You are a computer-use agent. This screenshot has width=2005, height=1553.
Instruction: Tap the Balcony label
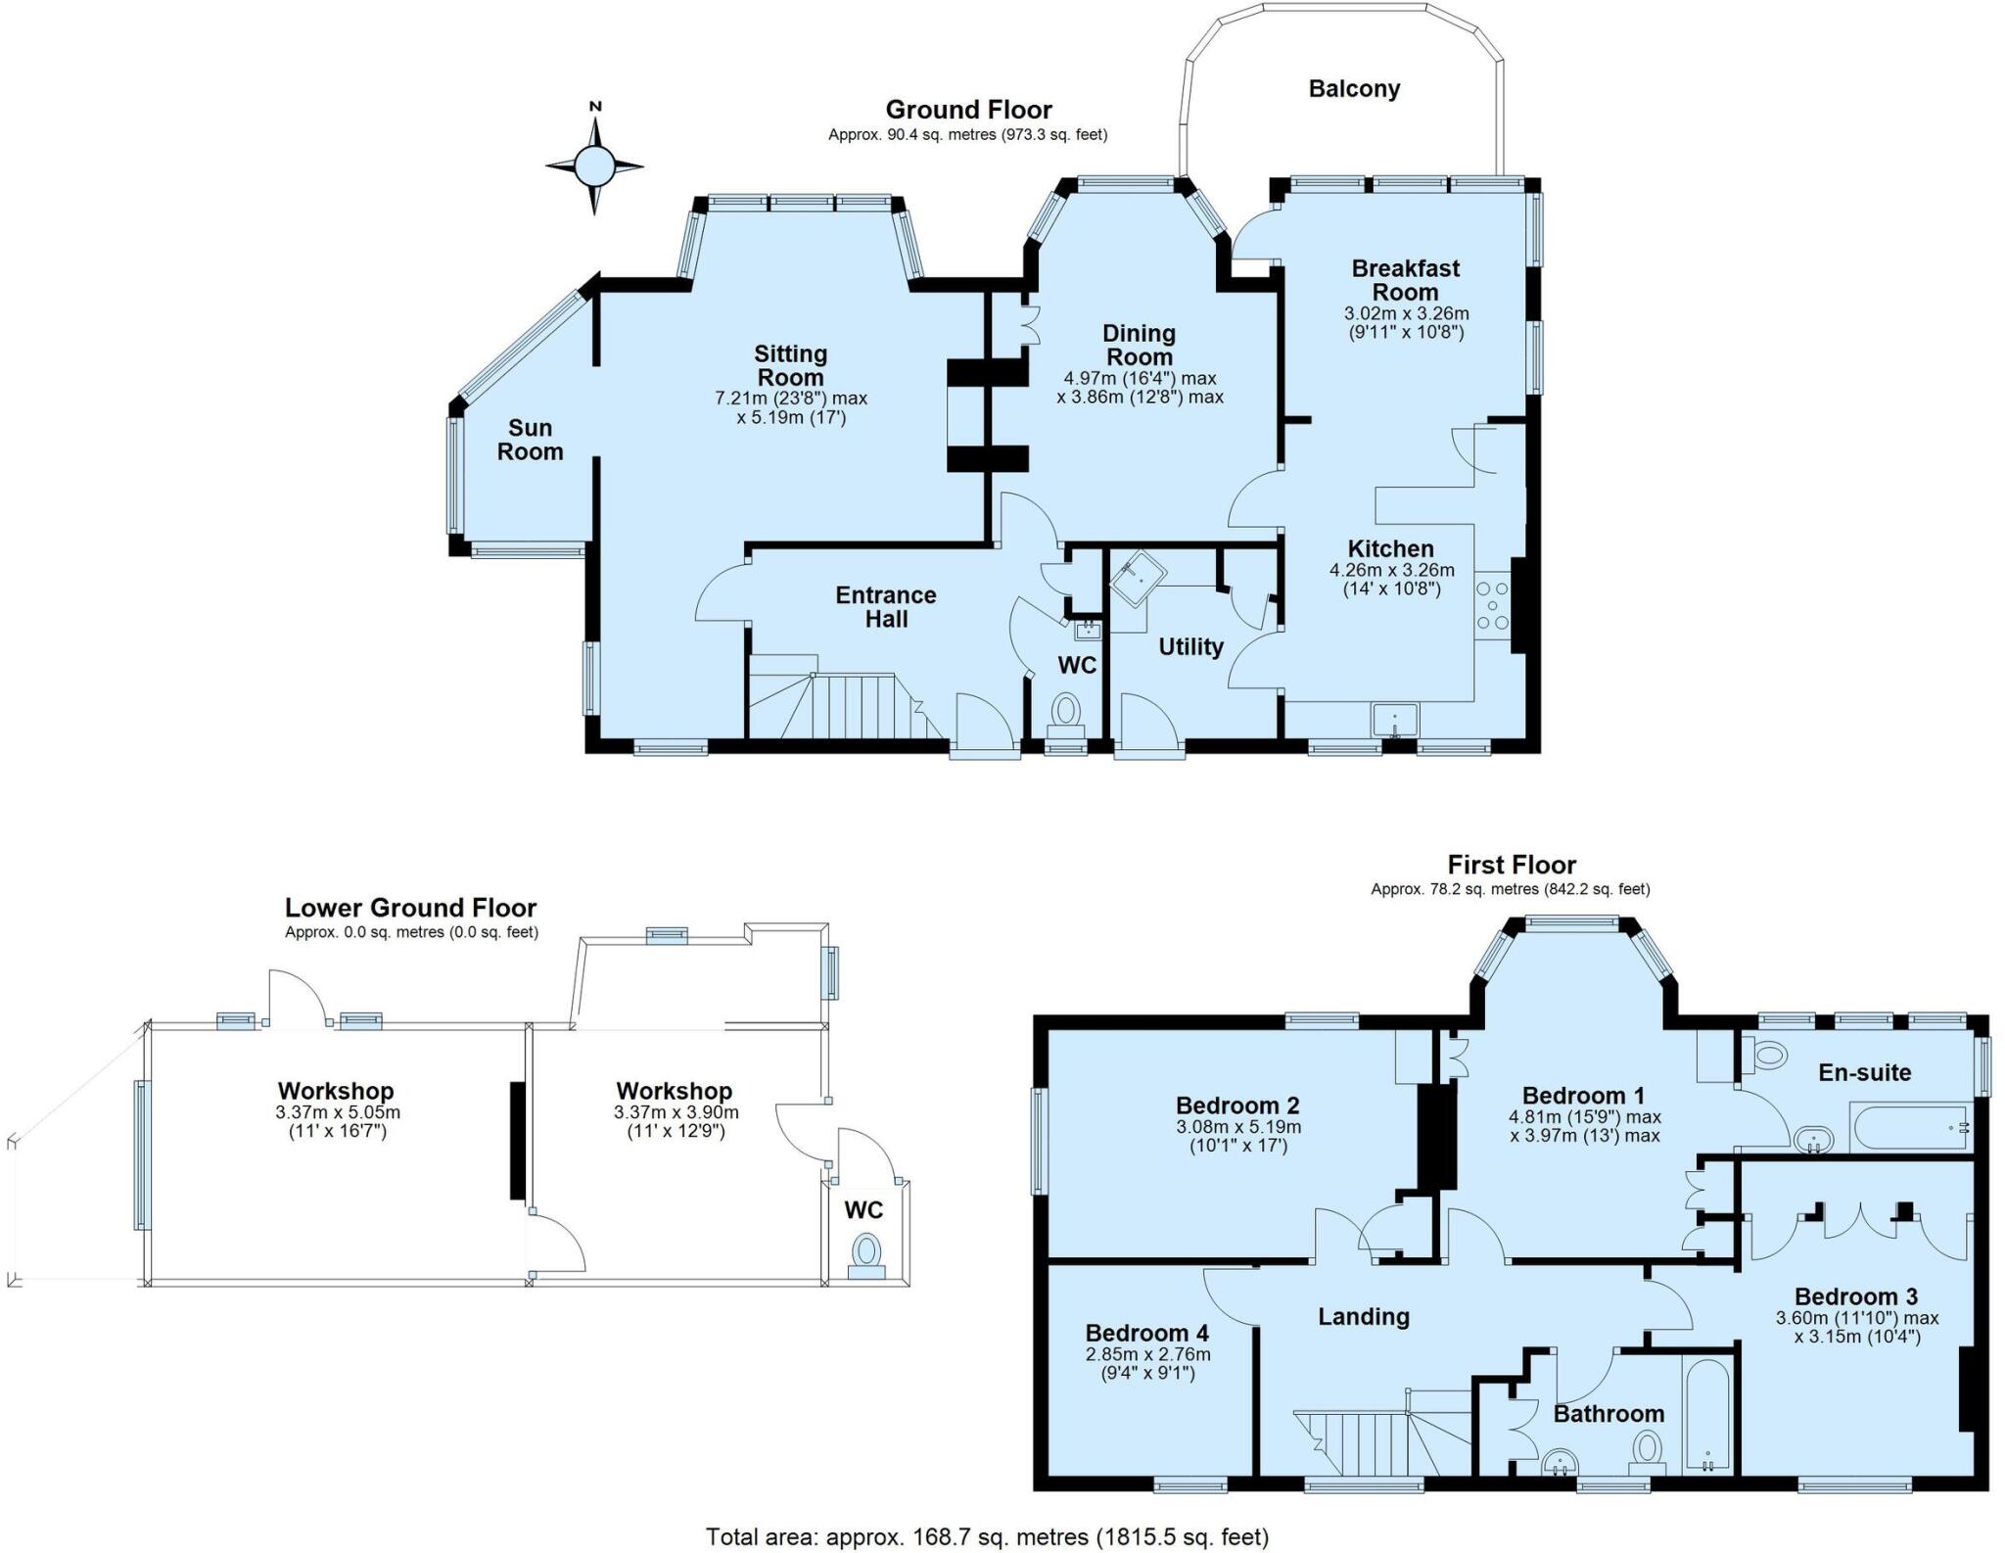(1354, 89)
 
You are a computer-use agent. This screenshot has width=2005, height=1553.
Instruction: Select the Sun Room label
(530, 440)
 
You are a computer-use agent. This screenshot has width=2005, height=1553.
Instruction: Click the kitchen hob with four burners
(1493, 605)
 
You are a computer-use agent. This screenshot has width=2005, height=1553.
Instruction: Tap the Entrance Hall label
(886, 607)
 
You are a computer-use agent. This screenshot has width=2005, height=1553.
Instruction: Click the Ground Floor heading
(968, 110)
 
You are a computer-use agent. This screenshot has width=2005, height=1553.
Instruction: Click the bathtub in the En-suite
(1910, 1127)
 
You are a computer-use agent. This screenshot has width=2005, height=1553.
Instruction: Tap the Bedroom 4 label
(1146, 1333)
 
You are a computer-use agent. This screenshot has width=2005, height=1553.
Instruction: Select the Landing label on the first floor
(1364, 1317)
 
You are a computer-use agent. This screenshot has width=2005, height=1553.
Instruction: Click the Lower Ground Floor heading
(411, 908)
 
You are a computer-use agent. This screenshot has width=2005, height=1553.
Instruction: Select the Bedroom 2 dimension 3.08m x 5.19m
(1238, 1127)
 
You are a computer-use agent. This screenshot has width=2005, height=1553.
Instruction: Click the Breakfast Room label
(1406, 280)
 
